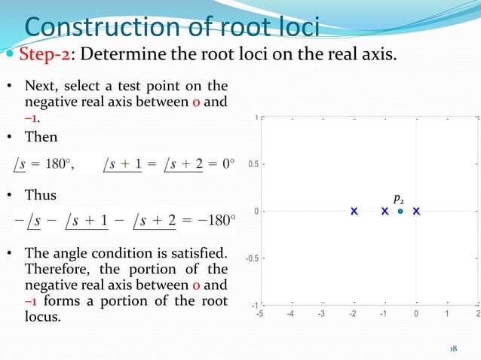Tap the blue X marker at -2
pos(354,212)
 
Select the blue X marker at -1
pos(384,212)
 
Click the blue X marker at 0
pos(416,212)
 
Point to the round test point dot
pos(400,212)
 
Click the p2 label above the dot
pos(398,199)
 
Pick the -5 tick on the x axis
pos(260,314)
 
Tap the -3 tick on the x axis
pos(322,314)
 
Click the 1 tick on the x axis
pos(447,314)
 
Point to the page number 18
pos(453,348)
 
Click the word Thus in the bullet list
pos(41,195)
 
